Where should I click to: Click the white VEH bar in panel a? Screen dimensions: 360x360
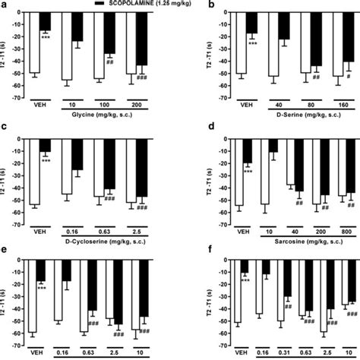coord(34,43)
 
